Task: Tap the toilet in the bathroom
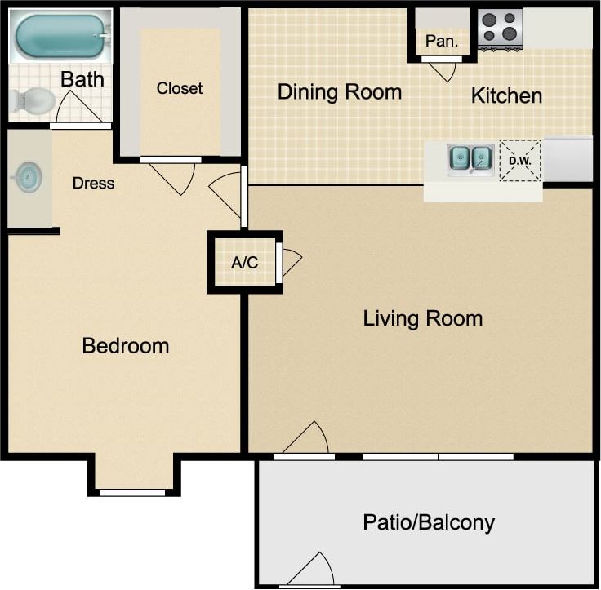click(32, 101)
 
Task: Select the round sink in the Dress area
click(29, 177)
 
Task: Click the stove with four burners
click(500, 27)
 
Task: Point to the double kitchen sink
click(470, 157)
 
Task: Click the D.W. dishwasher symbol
click(520, 160)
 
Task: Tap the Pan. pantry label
click(442, 41)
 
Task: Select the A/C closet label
click(244, 263)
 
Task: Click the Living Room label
click(422, 318)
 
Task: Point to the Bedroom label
click(126, 345)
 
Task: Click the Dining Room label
click(340, 91)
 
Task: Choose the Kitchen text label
click(506, 95)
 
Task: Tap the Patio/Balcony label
click(429, 522)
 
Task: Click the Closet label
click(180, 88)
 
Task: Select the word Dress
click(93, 183)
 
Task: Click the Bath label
click(82, 79)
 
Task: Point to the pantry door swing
click(443, 71)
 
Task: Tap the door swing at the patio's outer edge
click(314, 570)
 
